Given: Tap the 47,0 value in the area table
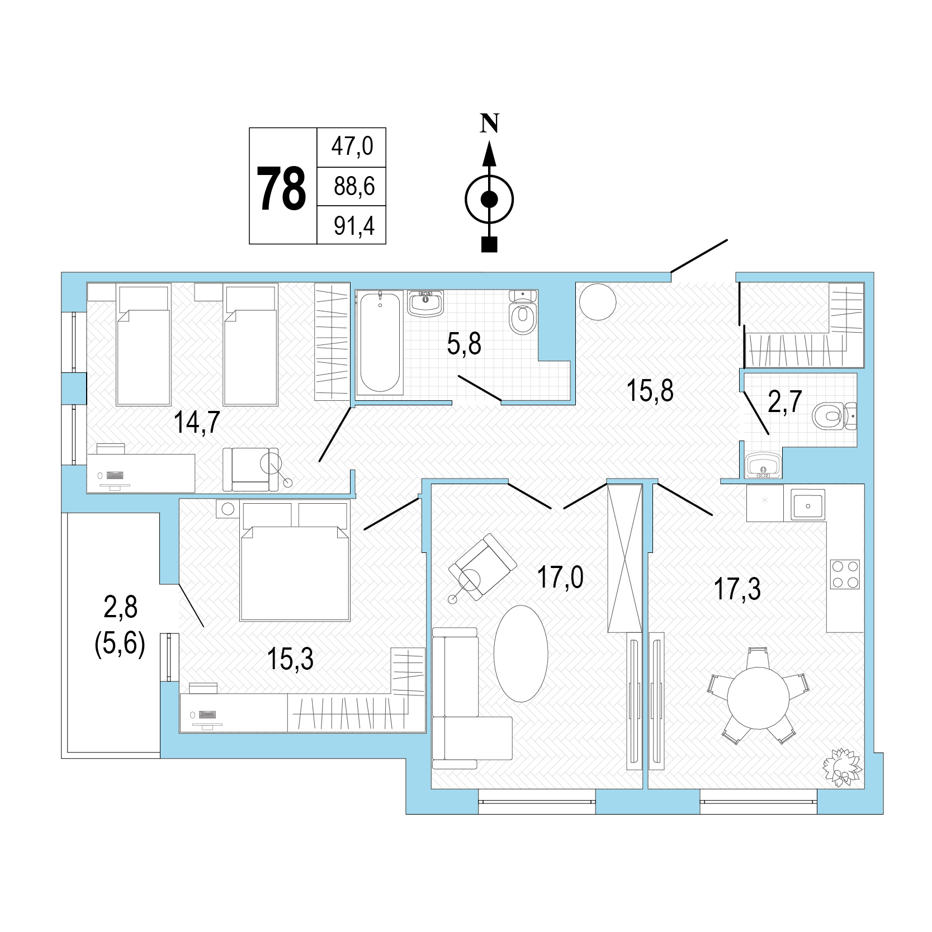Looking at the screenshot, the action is coord(352,146).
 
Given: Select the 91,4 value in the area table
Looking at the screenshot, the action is coord(354,226).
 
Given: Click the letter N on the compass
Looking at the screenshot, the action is coord(490,123).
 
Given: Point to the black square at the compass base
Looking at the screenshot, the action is coord(489,245).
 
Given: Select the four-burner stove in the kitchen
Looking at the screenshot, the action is coord(845,574).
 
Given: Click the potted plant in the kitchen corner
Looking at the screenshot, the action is coord(843,766).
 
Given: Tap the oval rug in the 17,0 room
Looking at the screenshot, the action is coord(521,654).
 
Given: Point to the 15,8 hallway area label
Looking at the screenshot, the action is coord(650,391).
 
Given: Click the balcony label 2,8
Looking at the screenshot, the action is coord(121,607).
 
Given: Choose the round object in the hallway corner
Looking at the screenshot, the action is coord(598,301).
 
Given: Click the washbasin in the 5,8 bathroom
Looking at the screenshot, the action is coord(425,304).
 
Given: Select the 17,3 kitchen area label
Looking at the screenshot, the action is coord(738,589).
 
